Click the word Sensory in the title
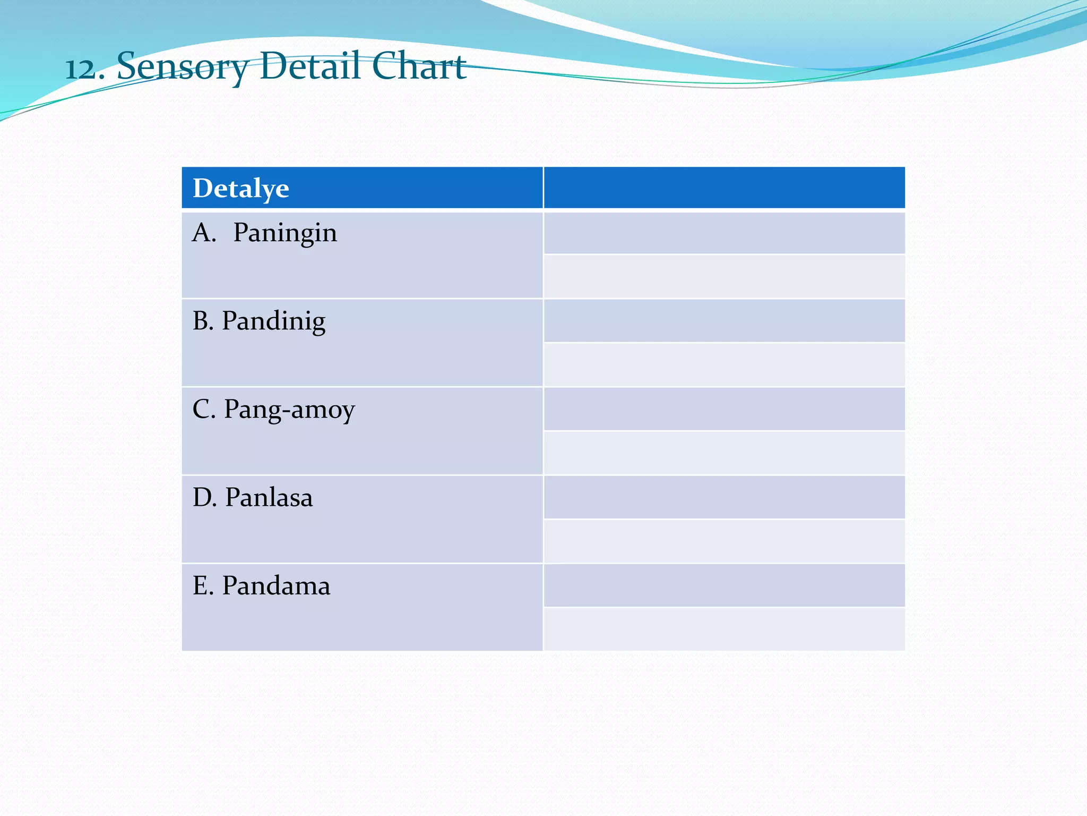click(182, 67)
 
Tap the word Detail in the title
click(311, 66)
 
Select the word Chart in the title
click(419, 66)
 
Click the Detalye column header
click(241, 188)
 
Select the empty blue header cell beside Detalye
click(724, 188)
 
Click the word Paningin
click(285, 233)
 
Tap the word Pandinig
click(273, 321)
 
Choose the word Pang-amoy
click(289, 410)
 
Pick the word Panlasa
click(269, 498)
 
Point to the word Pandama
click(276, 586)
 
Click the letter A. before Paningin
click(204, 233)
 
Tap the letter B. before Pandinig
click(203, 321)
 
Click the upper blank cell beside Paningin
click(724, 233)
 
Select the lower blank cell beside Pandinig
click(724, 365)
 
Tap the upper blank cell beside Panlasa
click(724, 497)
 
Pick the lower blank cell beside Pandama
click(724, 629)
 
